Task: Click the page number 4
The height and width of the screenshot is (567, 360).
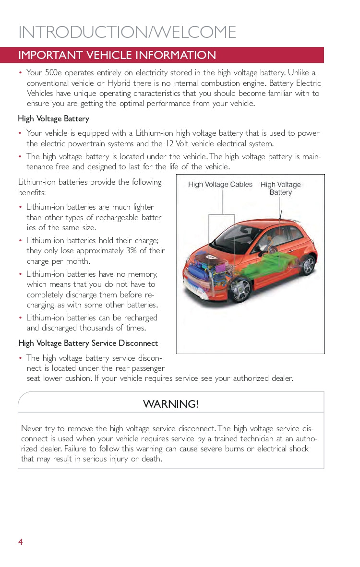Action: [21, 542]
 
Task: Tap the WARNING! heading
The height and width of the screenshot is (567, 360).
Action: [170, 404]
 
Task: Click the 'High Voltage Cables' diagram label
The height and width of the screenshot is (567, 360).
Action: [220, 185]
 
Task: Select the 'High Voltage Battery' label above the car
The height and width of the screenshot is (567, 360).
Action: [281, 189]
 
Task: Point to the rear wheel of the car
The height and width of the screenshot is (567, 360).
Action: [307, 265]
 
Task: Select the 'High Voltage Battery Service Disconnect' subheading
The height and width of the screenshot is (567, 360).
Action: [88, 343]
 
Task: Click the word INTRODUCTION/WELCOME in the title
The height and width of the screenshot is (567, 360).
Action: [127, 32]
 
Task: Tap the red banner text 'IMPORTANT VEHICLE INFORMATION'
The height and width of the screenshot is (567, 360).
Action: [117, 55]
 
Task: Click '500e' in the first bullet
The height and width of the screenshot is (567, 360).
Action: [53, 73]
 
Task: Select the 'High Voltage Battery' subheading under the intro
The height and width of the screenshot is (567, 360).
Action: [53, 118]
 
